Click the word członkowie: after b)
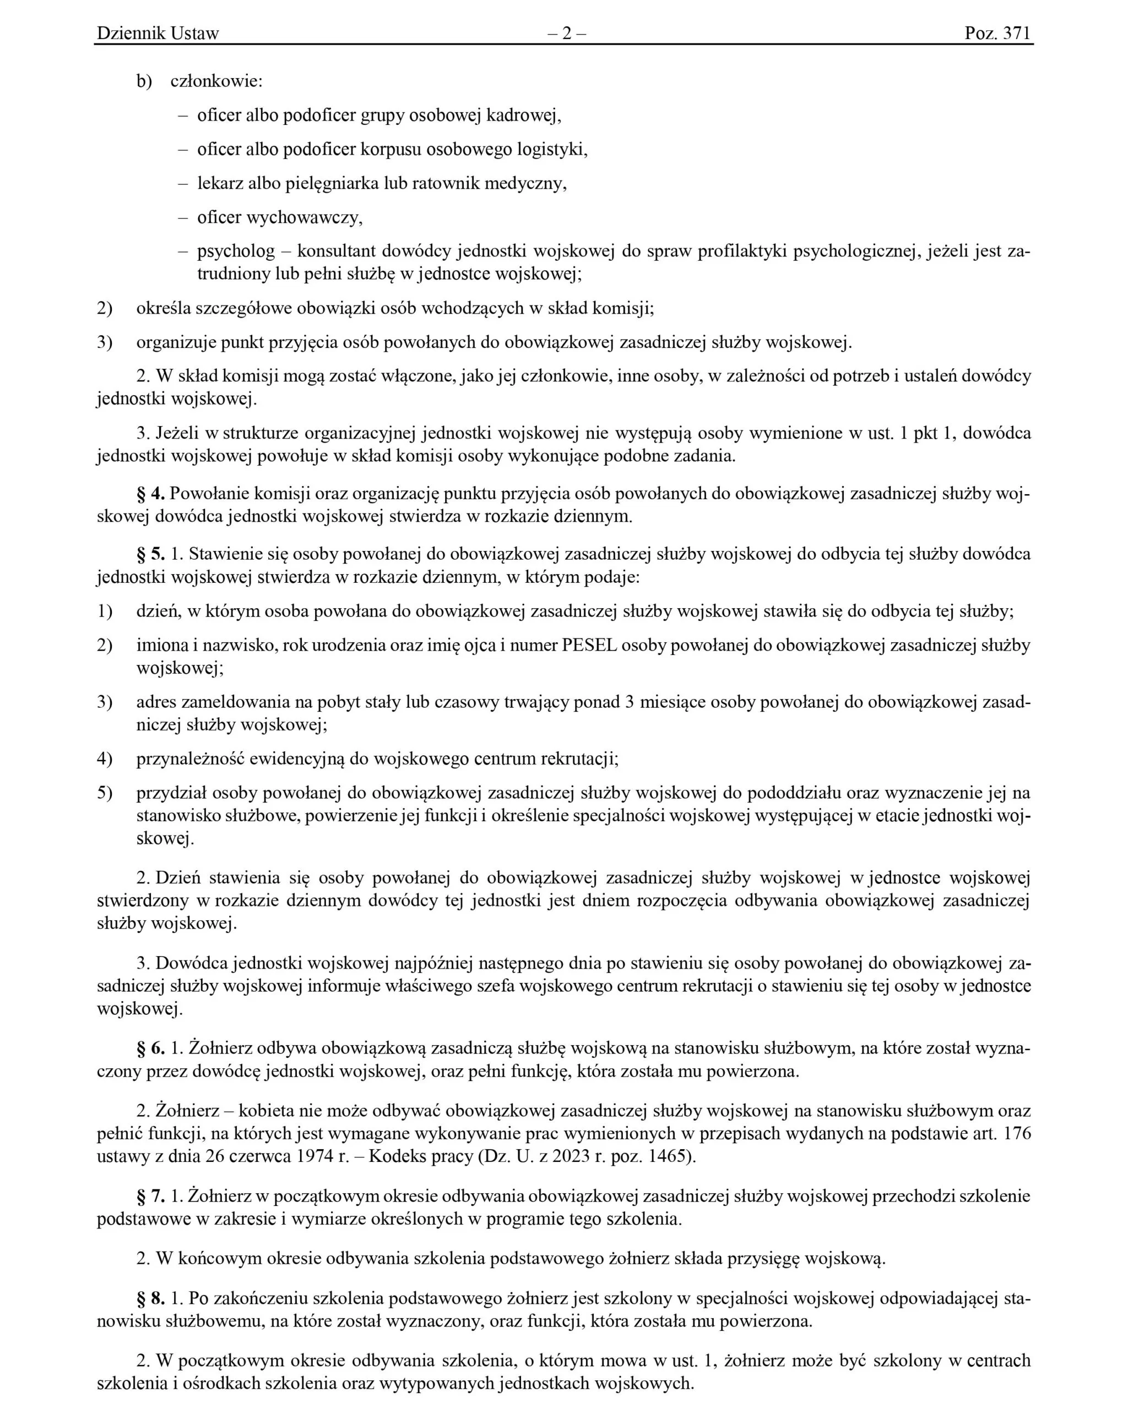[x=216, y=81]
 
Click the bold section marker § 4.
[x=150, y=493]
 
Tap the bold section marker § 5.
[x=150, y=554]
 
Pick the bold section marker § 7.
[x=150, y=1196]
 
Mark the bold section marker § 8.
[x=150, y=1298]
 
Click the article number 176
[x=1017, y=1133]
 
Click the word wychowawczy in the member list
[x=303, y=217]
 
